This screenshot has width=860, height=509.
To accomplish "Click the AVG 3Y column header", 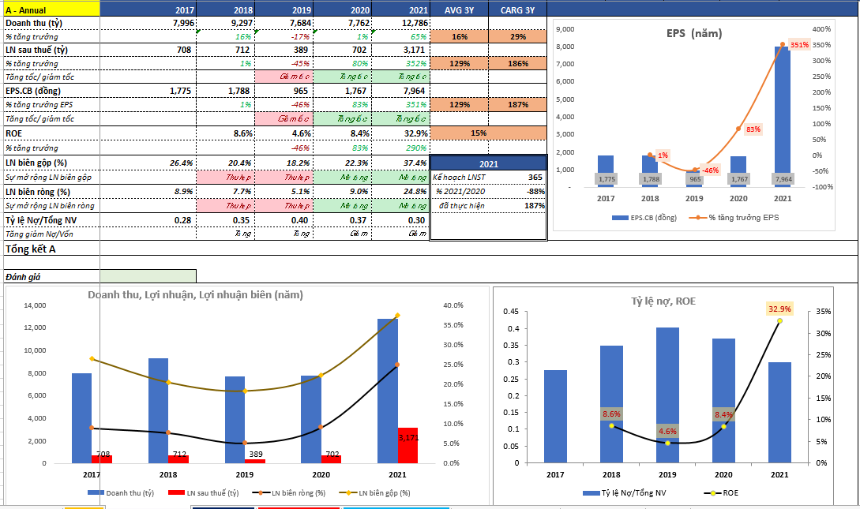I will click(459, 9).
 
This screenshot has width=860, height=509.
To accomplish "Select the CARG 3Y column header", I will click(517, 9).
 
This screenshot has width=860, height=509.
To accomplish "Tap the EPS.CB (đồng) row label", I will click(36, 91).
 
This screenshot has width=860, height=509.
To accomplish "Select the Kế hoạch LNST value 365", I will click(535, 178).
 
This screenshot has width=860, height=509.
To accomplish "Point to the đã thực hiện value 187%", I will click(534, 206).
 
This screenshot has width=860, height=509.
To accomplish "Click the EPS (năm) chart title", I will click(694, 33).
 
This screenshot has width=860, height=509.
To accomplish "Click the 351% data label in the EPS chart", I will click(799, 45).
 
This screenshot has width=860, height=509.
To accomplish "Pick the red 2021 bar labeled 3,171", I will click(407, 446).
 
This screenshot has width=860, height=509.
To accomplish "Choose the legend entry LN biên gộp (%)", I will click(383, 493).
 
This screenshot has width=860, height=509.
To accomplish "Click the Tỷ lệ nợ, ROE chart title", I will click(663, 301).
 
